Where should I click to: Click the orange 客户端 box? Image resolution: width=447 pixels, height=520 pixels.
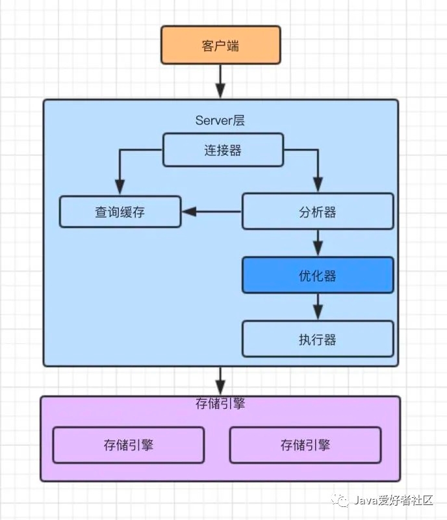pos(220,45)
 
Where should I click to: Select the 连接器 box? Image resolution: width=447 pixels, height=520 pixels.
pos(222,150)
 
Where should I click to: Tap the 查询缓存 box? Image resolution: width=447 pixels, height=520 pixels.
pos(120,212)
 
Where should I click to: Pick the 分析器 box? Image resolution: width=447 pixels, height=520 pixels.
pos(318,212)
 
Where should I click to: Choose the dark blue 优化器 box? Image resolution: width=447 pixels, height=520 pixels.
pos(318,276)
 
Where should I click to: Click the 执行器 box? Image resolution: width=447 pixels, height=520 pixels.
pos(318,339)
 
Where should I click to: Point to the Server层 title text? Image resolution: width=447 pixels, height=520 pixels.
pos(220,121)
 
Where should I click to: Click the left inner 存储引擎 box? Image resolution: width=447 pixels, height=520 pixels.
pos(128,445)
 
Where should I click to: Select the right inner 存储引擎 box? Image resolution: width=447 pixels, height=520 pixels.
pos(305,445)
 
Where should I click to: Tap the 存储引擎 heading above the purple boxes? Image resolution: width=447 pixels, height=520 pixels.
pos(220,404)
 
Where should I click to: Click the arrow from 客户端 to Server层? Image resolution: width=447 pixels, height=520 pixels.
pos(220,81)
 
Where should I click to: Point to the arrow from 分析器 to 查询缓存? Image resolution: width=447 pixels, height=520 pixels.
pos(212,211)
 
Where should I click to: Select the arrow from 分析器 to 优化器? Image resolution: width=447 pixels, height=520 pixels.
pos(318,243)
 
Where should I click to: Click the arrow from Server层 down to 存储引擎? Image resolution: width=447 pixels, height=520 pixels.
pos(220,381)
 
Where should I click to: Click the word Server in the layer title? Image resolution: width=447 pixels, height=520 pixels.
pos(212,121)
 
